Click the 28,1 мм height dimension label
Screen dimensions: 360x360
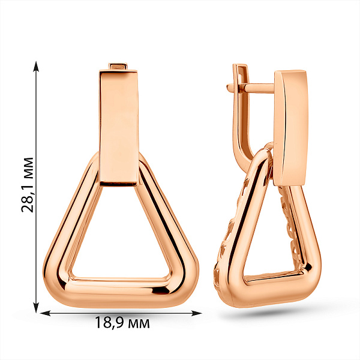pyautogui.click(x=28, y=185)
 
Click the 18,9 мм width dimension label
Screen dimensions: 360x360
pyautogui.click(x=122, y=323)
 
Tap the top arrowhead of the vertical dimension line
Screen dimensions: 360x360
pyautogui.click(x=36, y=66)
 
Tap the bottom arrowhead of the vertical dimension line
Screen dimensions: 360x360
pyautogui.click(x=36, y=307)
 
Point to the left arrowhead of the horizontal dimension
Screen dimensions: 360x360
pyautogui.click(x=46, y=313)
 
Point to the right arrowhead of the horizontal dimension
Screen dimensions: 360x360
pyautogui.click(x=196, y=313)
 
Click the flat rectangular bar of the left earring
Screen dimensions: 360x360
pyautogui.click(x=119, y=128)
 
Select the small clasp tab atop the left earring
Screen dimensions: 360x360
pyautogui.click(x=118, y=67)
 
